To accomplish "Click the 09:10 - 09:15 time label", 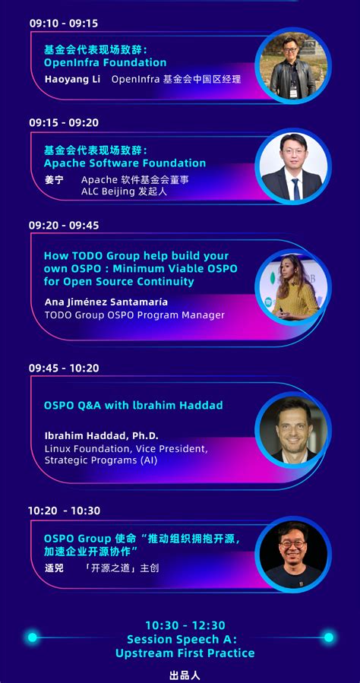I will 64,24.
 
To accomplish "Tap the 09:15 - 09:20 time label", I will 64,122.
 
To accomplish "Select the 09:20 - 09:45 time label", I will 64,226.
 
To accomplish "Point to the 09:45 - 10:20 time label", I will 64,368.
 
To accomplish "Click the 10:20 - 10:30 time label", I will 64,511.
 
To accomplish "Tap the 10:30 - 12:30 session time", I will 185,625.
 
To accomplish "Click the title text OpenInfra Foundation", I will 105,62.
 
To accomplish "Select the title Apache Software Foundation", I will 125,163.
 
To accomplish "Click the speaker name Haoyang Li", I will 71,79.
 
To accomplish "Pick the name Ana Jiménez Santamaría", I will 106,302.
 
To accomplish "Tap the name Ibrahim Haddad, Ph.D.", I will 101,435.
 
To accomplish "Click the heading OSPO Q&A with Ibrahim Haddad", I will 133,405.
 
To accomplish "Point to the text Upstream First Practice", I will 185,653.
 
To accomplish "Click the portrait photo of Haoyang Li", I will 292,66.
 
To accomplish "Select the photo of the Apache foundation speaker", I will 292,166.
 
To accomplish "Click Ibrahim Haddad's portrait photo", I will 292,429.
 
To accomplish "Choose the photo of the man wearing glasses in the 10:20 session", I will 292,553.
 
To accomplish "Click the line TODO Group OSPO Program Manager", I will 134,315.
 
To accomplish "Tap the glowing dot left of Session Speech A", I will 33,637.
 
